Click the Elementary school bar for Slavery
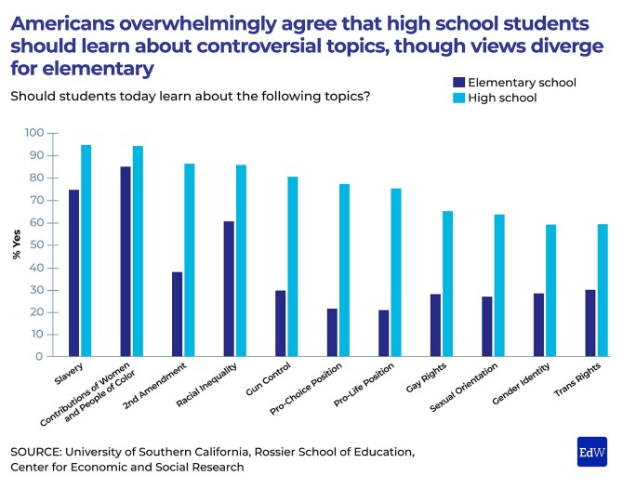(x=74, y=273)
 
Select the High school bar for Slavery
(x=86, y=251)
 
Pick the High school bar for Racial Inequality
(x=242, y=260)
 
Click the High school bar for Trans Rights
(x=603, y=290)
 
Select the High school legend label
(x=503, y=98)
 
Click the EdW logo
(x=591, y=450)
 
